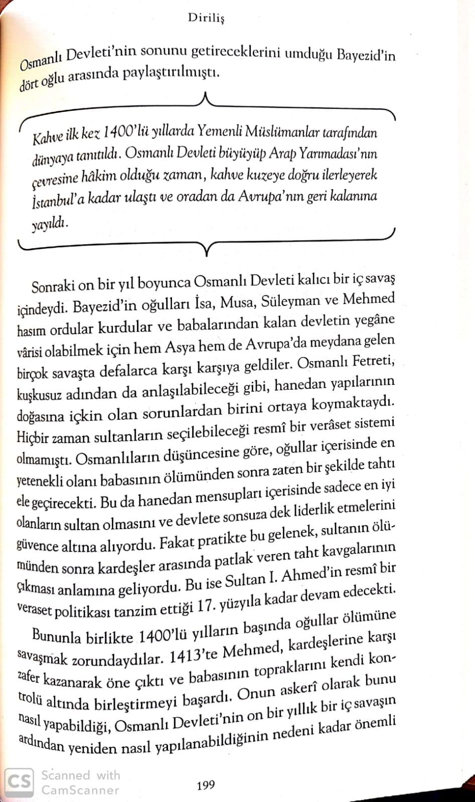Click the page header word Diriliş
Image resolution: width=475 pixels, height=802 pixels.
pyautogui.click(x=206, y=19)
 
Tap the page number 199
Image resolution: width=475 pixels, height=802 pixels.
pyautogui.click(x=206, y=784)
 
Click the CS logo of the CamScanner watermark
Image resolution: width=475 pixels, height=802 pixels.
pyautogui.click(x=19, y=782)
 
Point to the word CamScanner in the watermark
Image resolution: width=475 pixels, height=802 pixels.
pyautogui.click(x=80, y=790)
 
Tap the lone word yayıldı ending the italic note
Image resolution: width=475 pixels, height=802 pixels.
pyautogui.click(x=49, y=225)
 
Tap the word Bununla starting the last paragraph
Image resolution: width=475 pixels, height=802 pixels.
pyautogui.click(x=56, y=635)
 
